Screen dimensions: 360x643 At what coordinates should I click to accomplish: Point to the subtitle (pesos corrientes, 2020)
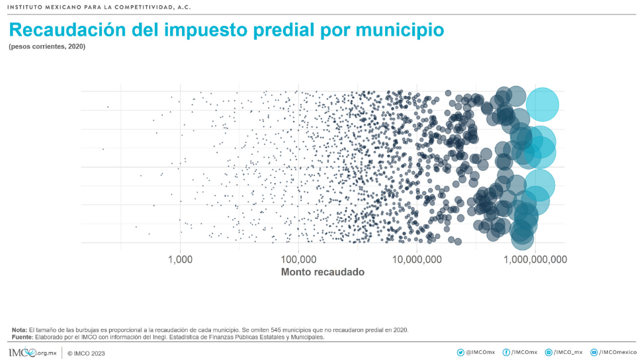47,47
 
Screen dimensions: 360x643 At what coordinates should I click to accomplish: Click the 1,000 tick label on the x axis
180,259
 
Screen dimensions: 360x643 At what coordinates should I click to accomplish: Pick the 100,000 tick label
298,259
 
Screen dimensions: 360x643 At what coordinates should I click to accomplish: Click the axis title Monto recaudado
323,272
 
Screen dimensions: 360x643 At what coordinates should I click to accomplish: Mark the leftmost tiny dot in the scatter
103,149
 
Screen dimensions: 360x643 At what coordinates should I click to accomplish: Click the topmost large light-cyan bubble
542,104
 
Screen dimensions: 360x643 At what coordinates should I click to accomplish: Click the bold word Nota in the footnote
19,330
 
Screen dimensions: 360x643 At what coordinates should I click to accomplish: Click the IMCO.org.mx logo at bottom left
32,353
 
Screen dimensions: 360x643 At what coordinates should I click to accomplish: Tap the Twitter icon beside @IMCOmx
460,353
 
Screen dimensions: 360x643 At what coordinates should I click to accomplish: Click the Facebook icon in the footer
506,353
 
